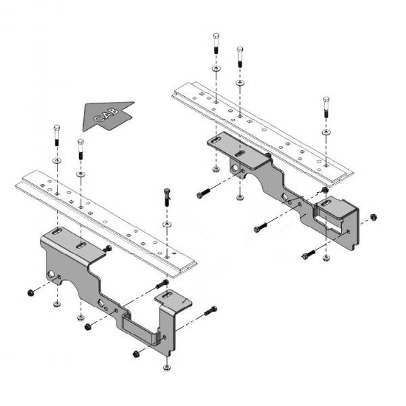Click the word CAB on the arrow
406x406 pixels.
coord(106,116)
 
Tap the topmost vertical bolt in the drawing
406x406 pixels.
coord(215,43)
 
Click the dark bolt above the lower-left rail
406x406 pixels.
coord(166,196)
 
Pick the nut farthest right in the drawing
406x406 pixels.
coord(373,218)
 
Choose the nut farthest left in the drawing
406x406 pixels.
coord(30,292)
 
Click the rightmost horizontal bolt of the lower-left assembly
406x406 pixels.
coord(210,311)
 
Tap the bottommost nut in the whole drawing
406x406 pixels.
coord(166,367)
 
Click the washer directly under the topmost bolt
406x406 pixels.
coord(215,69)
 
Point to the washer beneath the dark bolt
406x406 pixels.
coord(166,223)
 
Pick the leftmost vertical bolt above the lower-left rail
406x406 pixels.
coord(56,137)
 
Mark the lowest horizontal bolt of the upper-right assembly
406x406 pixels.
coord(308,254)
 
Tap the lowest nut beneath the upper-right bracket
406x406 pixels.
coord(327,258)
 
